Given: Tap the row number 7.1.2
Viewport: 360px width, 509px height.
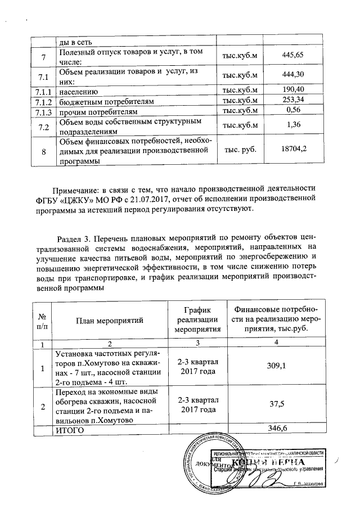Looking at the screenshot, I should click(x=43, y=101).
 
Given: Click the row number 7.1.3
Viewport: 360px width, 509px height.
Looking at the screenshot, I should click(x=43, y=111).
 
